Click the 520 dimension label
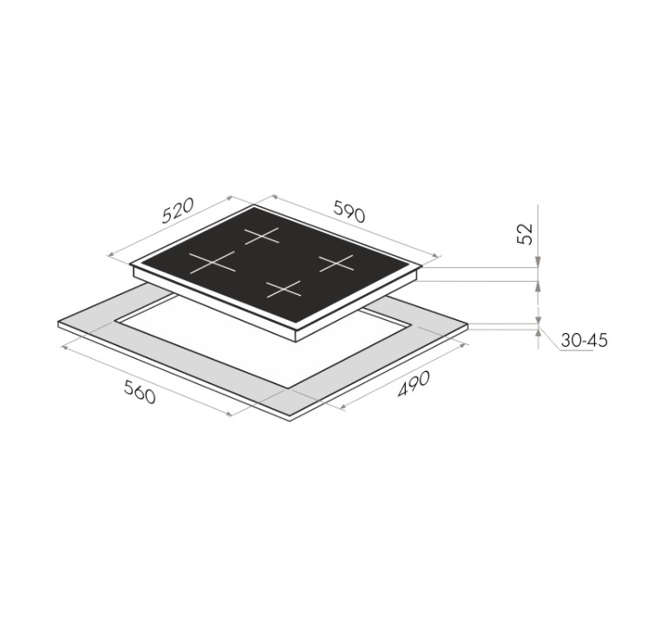pos(178,211)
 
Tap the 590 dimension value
pos(349,212)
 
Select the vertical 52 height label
pos(525,234)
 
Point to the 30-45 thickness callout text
pos(584,341)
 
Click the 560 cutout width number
pos(140,392)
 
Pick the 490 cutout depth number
pos(413,383)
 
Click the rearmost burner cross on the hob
pos(262,236)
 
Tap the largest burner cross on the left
pos(213,263)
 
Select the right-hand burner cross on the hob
pos(337,263)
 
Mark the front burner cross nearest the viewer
pos(284,289)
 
